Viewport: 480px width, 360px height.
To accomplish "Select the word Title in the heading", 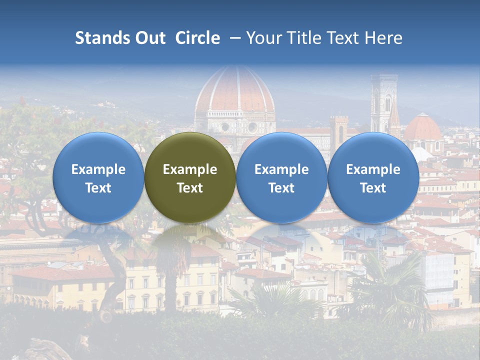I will click(x=298, y=38).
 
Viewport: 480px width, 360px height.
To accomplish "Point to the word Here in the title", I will click(x=383, y=38).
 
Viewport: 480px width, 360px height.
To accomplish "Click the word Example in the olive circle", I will click(x=190, y=169).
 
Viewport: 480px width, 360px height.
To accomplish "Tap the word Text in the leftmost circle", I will click(x=98, y=188).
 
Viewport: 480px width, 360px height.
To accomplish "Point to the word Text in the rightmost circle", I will click(x=373, y=188).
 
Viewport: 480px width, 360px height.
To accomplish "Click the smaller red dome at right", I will click(x=422, y=128).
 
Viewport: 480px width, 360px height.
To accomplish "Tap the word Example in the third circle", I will click(x=281, y=169).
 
